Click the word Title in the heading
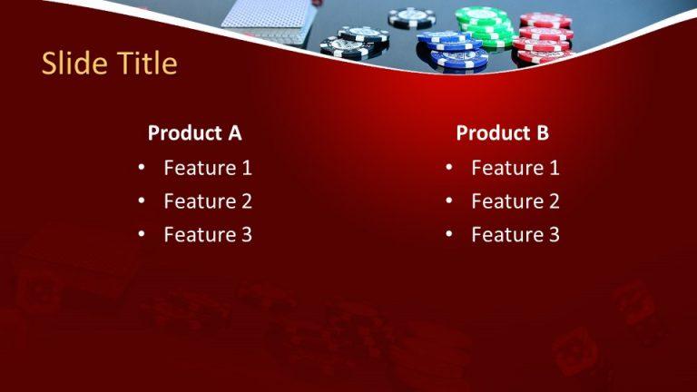click(145, 64)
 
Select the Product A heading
click(194, 133)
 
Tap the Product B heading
click(502, 133)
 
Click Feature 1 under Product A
click(208, 167)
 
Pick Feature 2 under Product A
click(208, 201)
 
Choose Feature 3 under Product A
click(208, 235)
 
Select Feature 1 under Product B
click(515, 167)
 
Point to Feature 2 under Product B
click(515, 201)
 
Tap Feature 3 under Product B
click(515, 235)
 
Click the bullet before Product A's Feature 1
click(142, 168)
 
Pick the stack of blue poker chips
click(451, 50)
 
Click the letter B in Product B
click(542, 133)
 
